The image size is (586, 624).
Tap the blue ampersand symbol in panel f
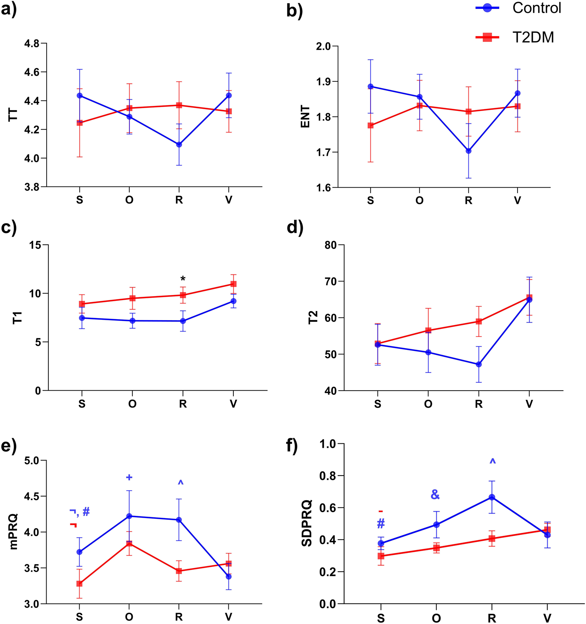pos(435,495)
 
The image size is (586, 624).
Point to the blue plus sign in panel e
pos(129,477)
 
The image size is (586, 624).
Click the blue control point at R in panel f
pos(492,497)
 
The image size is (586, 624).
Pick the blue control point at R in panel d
pos(479,364)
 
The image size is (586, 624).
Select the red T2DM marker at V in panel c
pos(233,284)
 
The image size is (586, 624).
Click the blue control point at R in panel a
pos(179,144)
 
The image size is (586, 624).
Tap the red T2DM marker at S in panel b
pos(371,125)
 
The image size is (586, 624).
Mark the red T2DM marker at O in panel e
pos(129,543)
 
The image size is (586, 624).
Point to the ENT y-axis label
pos(305,117)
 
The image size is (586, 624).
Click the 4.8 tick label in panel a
pos(32,44)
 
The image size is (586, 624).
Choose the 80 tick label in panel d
pos(331,245)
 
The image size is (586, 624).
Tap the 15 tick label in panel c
pos(35,245)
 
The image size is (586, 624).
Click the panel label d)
pos(295,228)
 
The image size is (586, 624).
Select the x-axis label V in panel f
pos(547,618)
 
